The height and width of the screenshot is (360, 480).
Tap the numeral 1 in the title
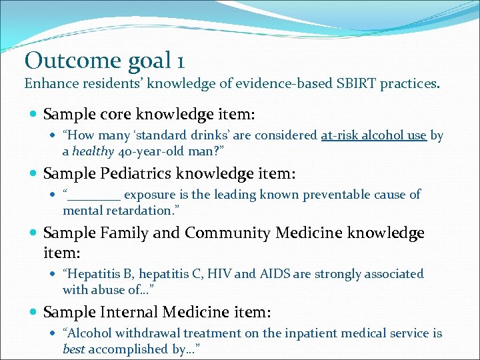181,61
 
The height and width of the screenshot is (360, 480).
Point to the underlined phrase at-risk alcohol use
373,135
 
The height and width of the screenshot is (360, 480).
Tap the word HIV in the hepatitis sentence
245,274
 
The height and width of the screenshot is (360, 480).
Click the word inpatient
306,333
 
